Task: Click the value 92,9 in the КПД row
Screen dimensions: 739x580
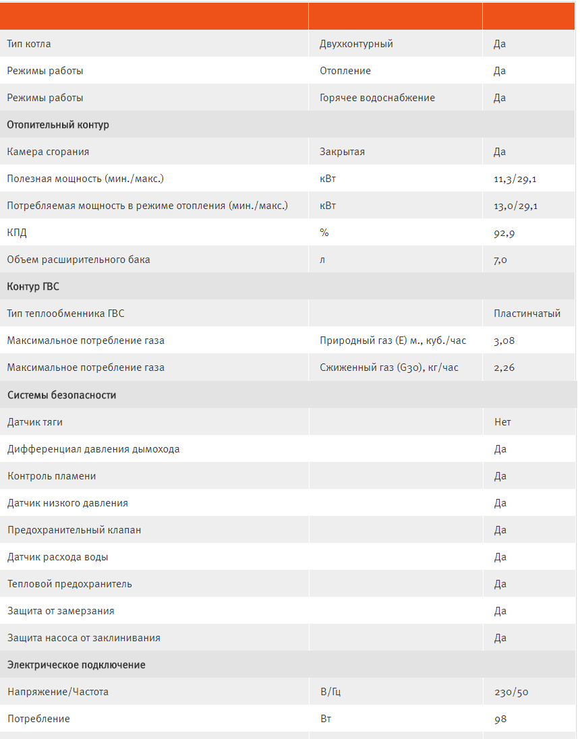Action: pyautogui.click(x=505, y=233)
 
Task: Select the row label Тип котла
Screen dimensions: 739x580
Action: pyautogui.click(x=29, y=44)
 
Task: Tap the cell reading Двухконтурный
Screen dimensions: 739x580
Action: pyautogui.click(x=356, y=44)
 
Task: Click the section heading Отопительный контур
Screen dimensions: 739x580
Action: pyautogui.click(x=58, y=125)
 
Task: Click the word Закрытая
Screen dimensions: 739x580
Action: pyautogui.click(x=342, y=152)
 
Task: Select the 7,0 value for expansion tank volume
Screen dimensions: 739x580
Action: pyautogui.click(x=500, y=260)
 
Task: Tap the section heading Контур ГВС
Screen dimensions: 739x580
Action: pyautogui.click(x=33, y=287)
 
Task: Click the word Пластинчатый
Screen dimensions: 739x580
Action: pyautogui.click(x=527, y=314)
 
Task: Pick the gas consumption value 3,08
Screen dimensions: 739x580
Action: pyautogui.click(x=504, y=341)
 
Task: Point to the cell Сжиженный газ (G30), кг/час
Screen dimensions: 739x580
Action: pyautogui.click(x=388, y=367)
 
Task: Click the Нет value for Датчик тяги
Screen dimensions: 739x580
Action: pyautogui.click(x=502, y=422)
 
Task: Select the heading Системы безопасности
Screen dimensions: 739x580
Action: pyautogui.click(x=61, y=395)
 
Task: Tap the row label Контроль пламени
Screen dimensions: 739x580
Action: pyautogui.click(x=52, y=476)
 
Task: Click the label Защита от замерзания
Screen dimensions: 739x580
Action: pyautogui.click(x=61, y=611)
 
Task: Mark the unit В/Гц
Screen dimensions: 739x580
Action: pyautogui.click(x=330, y=692)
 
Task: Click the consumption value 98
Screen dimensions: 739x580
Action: pyautogui.click(x=500, y=719)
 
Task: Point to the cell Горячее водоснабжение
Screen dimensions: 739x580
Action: pyautogui.click(x=377, y=98)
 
